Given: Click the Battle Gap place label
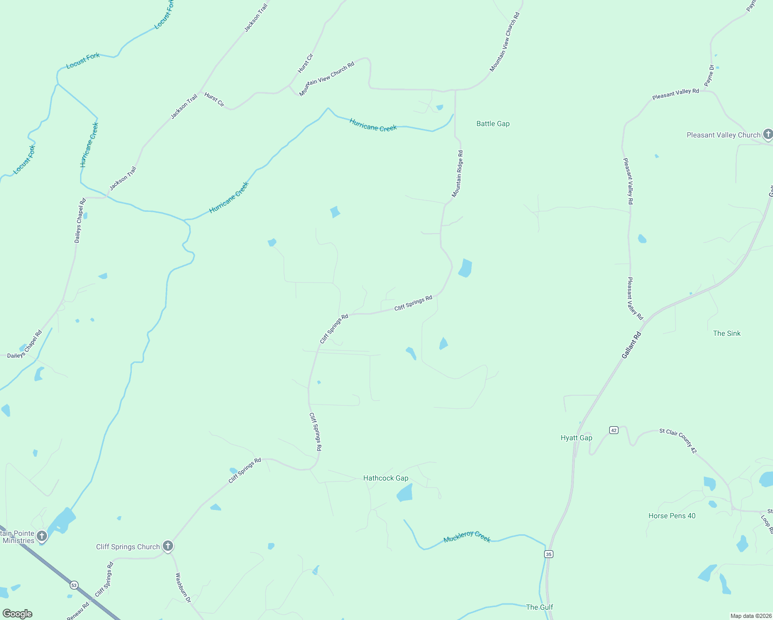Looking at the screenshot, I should (x=493, y=124).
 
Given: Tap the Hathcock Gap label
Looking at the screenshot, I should (x=385, y=478).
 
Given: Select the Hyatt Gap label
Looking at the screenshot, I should (x=576, y=438).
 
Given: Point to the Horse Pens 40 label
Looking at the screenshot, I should (x=672, y=516).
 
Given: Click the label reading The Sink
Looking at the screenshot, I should (x=726, y=334).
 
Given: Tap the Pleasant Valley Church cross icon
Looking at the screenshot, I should (x=768, y=135).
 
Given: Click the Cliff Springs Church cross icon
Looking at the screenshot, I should (x=167, y=546).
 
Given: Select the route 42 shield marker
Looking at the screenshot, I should (x=613, y=430).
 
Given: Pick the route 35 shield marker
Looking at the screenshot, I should (x=548, y=554).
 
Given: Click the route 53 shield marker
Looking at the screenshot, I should (x=74, y=585).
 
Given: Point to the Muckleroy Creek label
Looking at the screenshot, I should (x=467, y=537).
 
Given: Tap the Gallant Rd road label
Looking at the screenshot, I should (x=631, y=345).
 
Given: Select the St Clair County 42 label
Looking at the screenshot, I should (x=678, y=441).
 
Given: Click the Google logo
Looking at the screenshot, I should (x=17, y=614).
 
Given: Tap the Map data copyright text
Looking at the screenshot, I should (x=750, y=616).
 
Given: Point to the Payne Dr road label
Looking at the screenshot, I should (x=709, y=75).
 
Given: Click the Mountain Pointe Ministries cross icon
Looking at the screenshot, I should (x=42, y=536).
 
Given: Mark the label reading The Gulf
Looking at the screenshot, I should (x=539, y=608).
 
